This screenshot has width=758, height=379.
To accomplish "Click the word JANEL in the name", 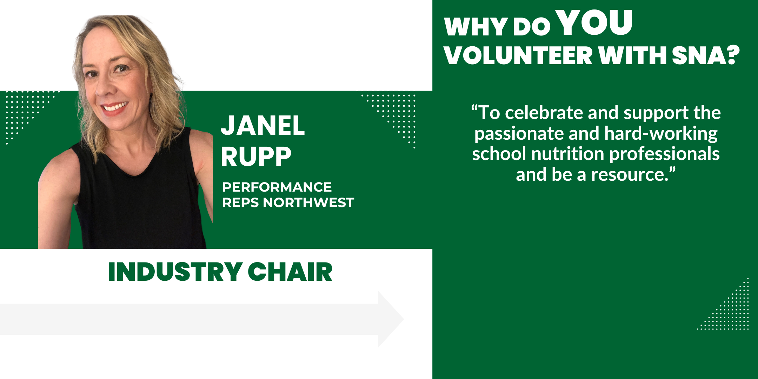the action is (x=263, y=125).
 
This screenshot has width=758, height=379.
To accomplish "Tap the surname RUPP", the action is (x=256, y=157).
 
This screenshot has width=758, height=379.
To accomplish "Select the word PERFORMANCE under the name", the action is (x=277, y=187).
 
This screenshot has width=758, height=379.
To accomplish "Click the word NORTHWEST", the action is (x=308, y=202).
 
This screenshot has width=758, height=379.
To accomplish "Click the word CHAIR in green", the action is (x=290, y=272).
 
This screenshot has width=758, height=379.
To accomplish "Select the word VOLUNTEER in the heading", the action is (x=518, y=55).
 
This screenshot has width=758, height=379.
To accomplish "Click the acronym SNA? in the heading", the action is (x=706, y=55).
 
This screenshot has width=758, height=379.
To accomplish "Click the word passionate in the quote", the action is (x=519, y=134).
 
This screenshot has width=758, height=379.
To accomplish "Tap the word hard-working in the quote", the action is (x=661, y=134).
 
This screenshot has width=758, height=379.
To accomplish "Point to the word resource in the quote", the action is (x=630, y=175).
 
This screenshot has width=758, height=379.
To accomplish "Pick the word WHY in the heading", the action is (x=476, y=27).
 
